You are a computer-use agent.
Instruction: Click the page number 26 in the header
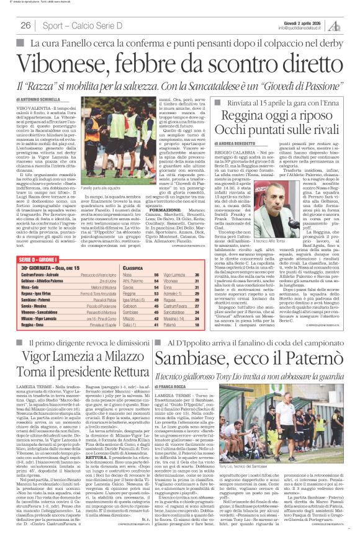coord(27,25)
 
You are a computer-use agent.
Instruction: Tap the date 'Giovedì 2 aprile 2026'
coord(302,22)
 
